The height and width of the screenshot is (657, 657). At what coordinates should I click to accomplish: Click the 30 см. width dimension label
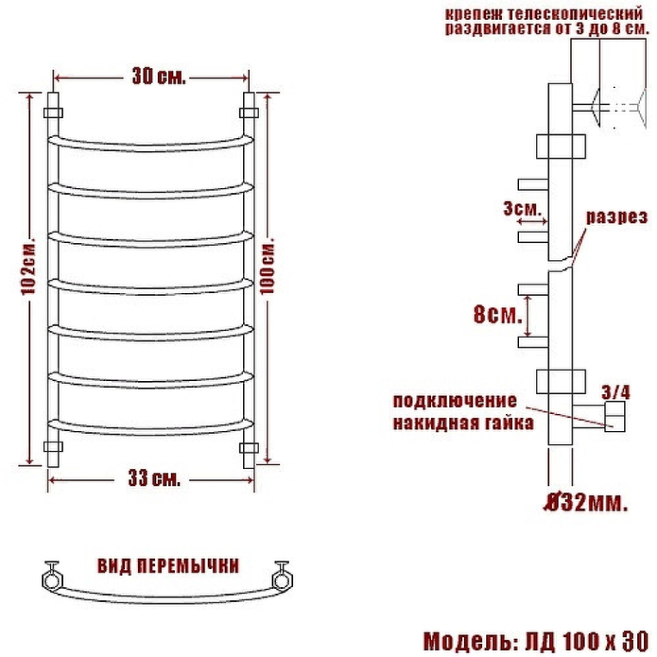click(x=159, y=77)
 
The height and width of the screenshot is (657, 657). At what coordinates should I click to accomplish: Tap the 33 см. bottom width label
click(x=154, y=479)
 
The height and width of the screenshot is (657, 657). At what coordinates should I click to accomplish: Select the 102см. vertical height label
click(x=28, y=268)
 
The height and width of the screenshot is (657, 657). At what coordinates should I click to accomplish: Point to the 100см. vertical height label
click(x=268, y=266)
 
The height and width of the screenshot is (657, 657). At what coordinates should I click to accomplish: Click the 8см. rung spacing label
click(x=497, y=314)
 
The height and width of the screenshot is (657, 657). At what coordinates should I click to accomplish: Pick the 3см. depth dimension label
click(x=522, y=209)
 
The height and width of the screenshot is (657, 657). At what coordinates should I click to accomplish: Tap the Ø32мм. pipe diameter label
click(x=585, y=503)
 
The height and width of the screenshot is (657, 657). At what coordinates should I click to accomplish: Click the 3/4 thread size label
click(x=616, y=392)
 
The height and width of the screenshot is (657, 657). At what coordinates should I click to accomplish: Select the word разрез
click(x=616, y=217)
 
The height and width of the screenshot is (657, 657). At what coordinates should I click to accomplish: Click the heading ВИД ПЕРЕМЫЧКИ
click(x=168, y=566)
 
